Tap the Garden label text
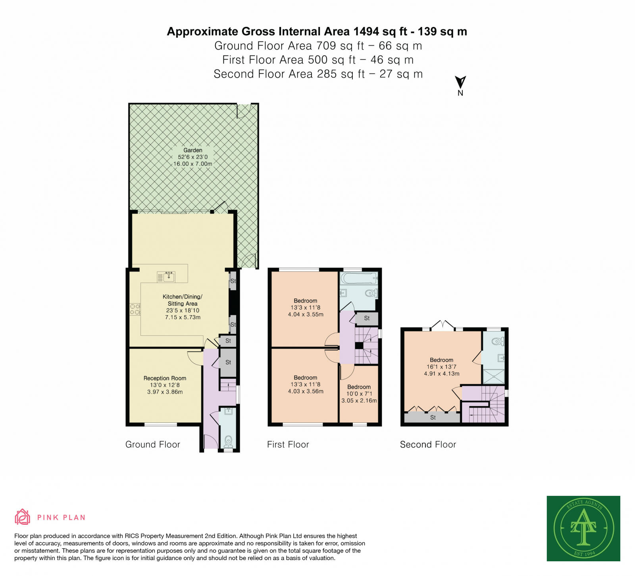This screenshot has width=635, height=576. pos(193,150)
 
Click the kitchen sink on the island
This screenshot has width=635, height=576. pos(166,277)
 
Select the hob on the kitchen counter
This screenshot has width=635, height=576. pos(135,309)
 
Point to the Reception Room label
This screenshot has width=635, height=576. pos(165,378)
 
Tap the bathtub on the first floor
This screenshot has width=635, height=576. pos(358,278)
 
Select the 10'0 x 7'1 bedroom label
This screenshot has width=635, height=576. pos(359,394)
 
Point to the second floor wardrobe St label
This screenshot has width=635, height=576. pos(433,418)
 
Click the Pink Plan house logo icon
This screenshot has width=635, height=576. pos(22,517)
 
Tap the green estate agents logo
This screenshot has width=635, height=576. pos(583,528)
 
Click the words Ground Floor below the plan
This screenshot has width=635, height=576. pos(153,445)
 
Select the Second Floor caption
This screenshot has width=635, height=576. pos(428,445)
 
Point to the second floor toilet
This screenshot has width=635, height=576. pos(498,341)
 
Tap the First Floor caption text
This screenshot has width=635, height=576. pos(288,445)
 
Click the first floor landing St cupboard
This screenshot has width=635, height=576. pos(367,318)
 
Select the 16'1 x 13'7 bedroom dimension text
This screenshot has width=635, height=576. pos(442,367)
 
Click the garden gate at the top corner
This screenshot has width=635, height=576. pos(244,111)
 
